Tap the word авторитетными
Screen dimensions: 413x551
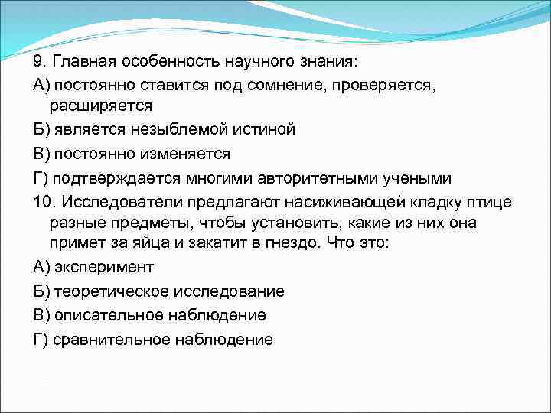[305, 177]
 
